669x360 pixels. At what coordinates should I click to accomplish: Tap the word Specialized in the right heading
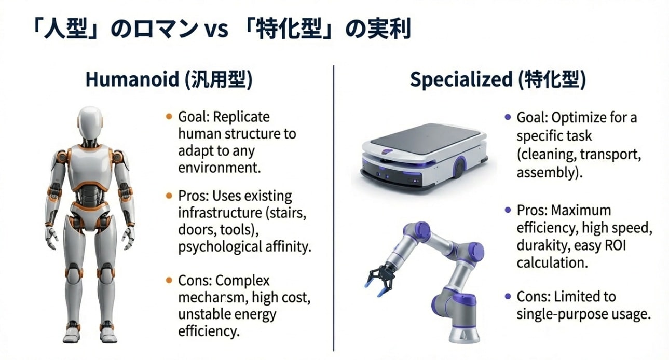tap(461, 80)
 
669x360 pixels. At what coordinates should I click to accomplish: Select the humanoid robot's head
tap(90, 123)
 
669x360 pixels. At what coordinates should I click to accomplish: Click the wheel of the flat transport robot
tap(459, 167)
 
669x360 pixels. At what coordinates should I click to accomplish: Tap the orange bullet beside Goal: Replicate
tap(169, 116)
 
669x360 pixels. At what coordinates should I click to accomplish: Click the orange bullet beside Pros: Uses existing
tap(169, 196)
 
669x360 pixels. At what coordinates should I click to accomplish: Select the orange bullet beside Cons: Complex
tap(169, 280)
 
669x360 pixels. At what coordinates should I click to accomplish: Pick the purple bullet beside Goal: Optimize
tap(508, 117)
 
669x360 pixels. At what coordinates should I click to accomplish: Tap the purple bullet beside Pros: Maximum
tap(508, 210)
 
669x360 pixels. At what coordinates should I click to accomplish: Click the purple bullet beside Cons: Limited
tap(508, 296)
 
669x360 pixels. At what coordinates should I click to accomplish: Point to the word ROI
tap(615, 245)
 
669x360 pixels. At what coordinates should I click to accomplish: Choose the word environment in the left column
tap(220, 168)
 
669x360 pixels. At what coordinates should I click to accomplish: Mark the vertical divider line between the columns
tap(334, 208)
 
